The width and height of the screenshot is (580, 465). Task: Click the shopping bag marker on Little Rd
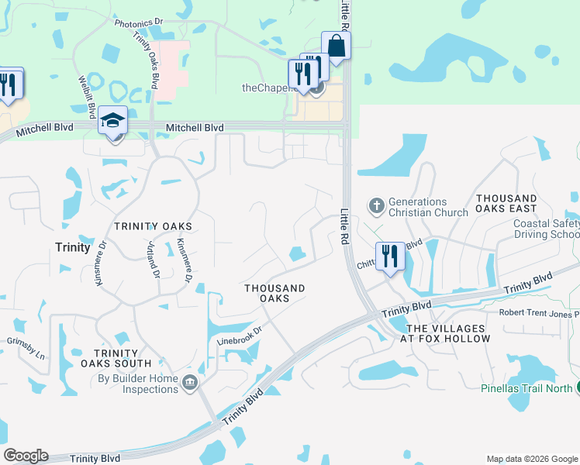coord(337,45)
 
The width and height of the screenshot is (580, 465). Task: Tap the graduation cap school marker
coord(112,122)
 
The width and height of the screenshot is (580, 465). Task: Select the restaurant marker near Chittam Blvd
coord(389,257)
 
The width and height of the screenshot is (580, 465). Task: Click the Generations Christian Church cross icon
coord(376,206)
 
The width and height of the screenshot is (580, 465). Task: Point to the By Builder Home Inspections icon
coord(189,382)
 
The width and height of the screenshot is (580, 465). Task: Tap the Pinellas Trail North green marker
coord(576,387)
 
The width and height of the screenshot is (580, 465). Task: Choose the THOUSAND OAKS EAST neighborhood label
coord(506,204)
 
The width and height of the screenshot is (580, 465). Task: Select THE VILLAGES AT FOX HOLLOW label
coord(446,333)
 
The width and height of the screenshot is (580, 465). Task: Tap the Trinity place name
coord(73,246)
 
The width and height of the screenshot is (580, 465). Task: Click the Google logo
coord(26,456)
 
